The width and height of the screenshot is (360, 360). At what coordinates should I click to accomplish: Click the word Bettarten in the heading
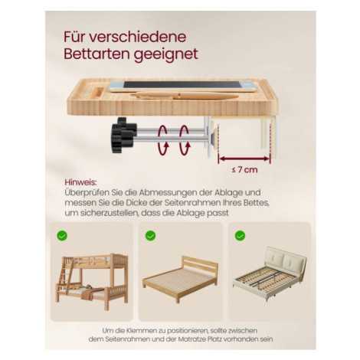coord(97,54)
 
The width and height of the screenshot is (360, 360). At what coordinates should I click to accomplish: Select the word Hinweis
coord(80,182)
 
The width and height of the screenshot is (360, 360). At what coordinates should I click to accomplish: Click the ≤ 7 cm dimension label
coord(244,169)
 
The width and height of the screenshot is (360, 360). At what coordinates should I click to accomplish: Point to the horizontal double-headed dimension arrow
coord(244,159)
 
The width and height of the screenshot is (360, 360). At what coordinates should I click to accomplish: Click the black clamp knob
coord(123,135)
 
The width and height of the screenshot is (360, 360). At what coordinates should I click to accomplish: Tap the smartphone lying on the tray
coord(182,86)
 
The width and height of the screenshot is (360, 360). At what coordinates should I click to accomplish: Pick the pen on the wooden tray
coord(185,96)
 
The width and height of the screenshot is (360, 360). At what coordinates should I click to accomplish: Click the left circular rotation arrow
coord(163,140)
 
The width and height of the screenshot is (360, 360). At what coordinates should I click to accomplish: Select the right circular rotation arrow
coord(185,140)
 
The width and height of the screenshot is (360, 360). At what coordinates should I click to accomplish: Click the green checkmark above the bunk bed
coord(62,235)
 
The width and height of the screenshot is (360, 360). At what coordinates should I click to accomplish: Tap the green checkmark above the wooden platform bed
coord(150,235)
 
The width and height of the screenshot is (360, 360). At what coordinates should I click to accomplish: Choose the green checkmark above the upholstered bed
coord(240,235)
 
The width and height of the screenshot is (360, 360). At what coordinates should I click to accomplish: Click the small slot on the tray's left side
coord(97,93)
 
